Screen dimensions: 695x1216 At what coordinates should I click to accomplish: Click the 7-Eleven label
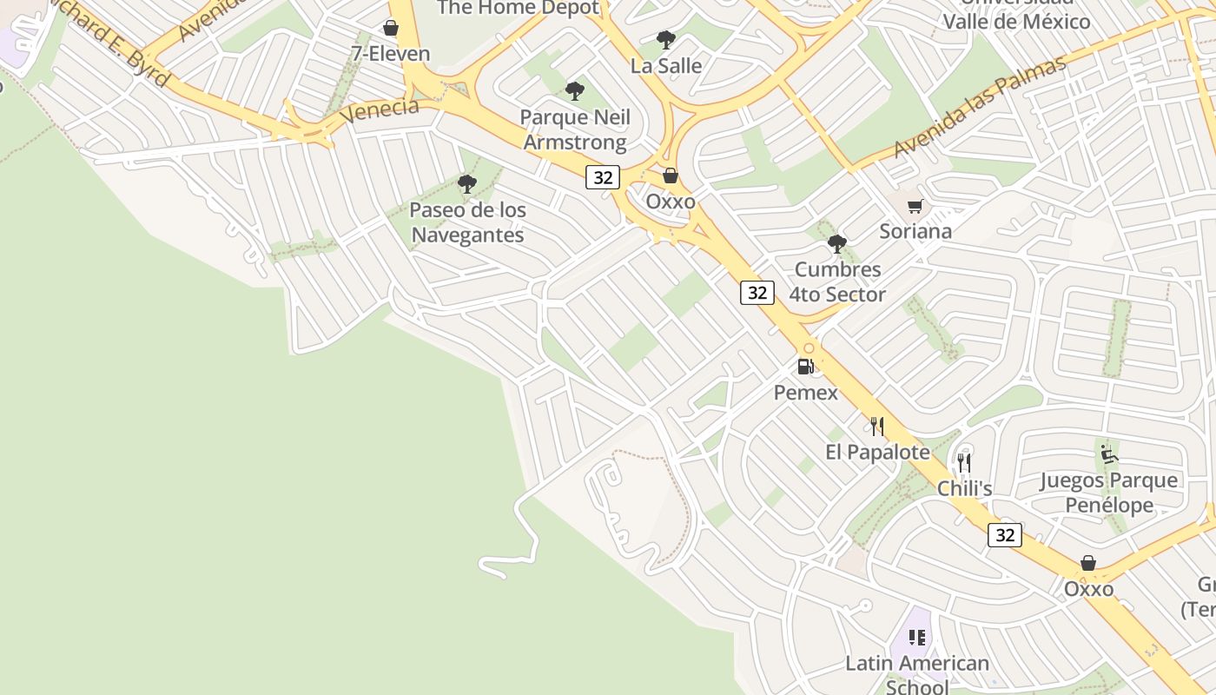click(390, 54)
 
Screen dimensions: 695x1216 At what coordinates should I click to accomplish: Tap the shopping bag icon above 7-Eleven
click(391, 29)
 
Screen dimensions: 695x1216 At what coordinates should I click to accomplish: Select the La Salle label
click(665, 65)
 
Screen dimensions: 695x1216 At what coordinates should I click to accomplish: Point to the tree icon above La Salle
click(666, 39)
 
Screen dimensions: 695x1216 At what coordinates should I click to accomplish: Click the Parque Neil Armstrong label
click(574, 129)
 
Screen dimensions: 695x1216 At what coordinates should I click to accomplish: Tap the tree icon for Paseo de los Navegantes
click(467, 183)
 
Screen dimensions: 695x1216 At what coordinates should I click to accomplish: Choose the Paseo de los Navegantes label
click(467, 222)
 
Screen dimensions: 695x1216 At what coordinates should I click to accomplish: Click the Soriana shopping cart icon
click(915, 206)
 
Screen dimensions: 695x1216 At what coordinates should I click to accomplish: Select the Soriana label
click(915, 231)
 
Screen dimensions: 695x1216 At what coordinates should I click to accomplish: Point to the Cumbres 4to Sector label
click(837, 281)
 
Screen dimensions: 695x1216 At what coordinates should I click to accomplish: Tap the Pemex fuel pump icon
click(806, 367)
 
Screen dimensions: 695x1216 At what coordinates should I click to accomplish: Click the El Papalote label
click(877, 452)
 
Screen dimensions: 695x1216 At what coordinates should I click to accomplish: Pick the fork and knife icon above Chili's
click(964, 462)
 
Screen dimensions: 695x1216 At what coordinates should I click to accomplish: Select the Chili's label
click(964, 488)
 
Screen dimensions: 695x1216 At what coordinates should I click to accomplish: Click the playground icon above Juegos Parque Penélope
click(1108, 453)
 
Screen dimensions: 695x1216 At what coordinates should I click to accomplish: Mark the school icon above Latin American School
click(917, 638)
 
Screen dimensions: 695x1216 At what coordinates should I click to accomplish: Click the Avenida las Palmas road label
click(979, 108)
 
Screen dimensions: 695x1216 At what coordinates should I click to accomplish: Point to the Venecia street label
click(379, 110)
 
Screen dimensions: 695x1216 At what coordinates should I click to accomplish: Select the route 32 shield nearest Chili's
click(1004, 535)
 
